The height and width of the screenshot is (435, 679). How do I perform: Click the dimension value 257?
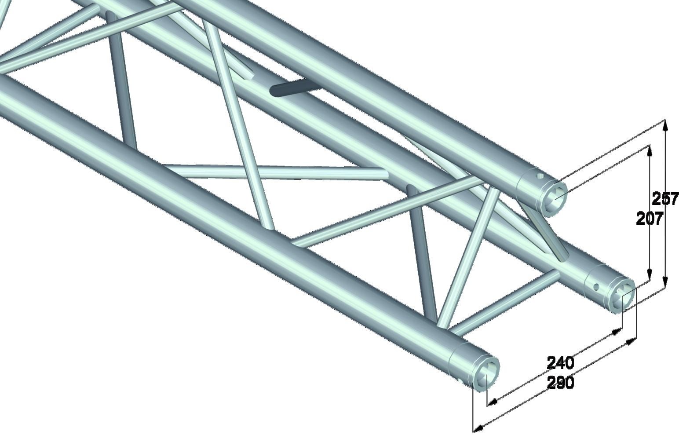point(665,198)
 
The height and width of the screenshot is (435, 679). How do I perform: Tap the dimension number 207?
point(649,218)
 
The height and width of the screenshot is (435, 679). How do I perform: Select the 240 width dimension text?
point(560,363)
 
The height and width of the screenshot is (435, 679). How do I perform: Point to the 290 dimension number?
point(560,383)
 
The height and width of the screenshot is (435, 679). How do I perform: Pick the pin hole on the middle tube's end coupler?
point(596,287)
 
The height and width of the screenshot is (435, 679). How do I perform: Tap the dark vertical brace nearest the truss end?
point(422,255)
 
